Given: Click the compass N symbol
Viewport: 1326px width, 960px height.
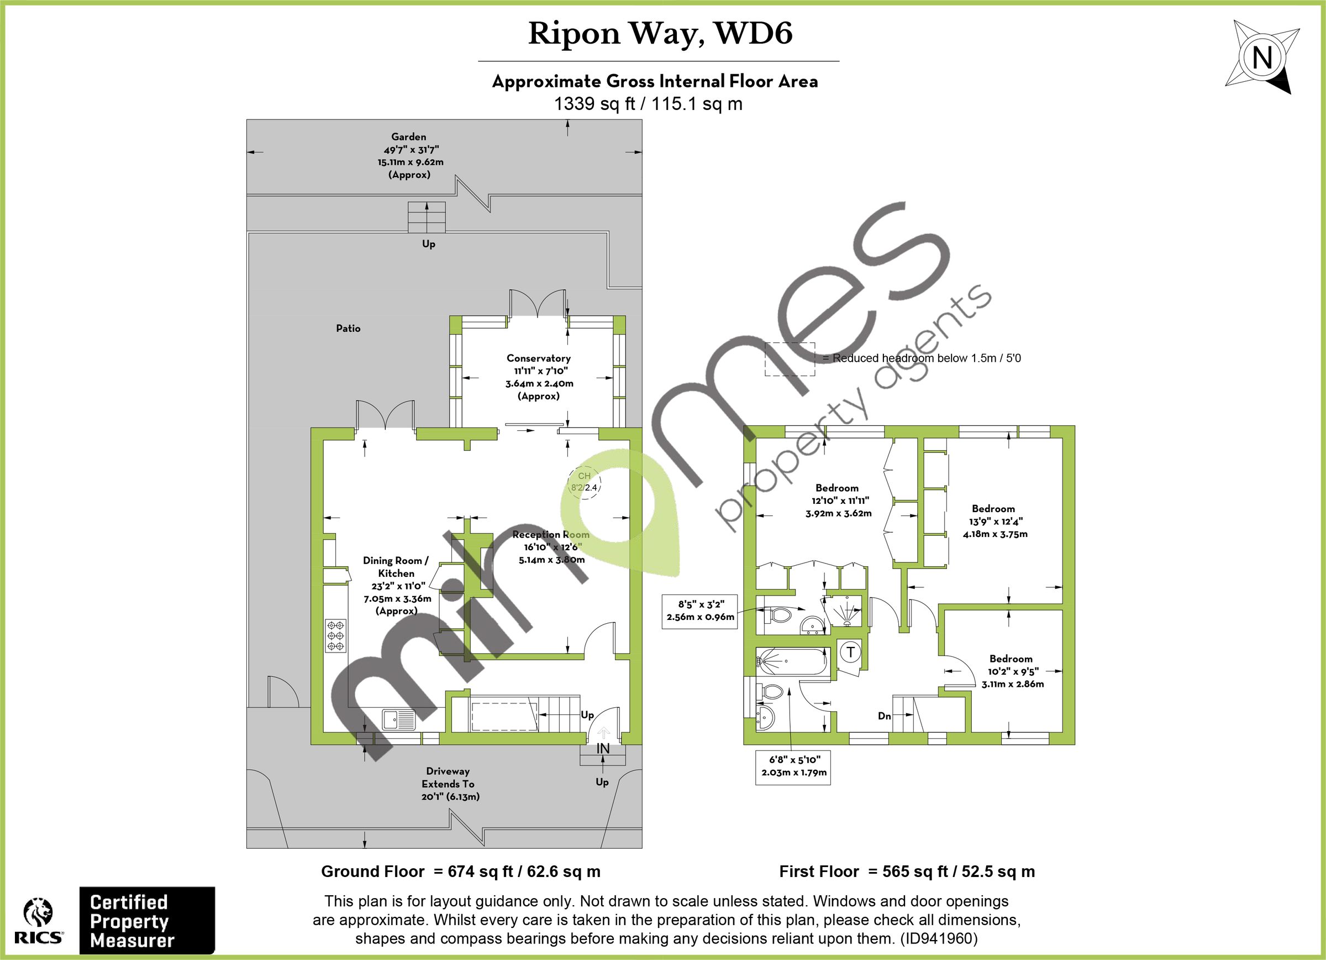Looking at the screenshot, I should click(x=1262, y=58).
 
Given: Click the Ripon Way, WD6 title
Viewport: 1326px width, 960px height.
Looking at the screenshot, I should click(x=660, y=33).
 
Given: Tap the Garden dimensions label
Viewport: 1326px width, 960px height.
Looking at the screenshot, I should click(x=409, y=155).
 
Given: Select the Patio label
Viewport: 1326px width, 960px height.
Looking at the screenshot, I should click(x=348, y=328).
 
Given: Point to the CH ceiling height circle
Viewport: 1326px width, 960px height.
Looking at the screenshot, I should click(x=584, y=482).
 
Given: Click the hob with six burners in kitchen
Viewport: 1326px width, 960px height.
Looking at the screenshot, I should click(x=335, y=635).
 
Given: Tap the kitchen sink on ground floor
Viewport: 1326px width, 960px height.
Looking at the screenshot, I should click(x=399, y=719).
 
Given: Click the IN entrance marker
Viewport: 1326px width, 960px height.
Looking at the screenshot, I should click(x=603, y=748).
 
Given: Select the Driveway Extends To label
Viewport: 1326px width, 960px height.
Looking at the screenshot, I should click(x=449, y=784).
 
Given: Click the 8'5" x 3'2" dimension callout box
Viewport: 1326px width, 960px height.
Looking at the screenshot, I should click(x=700, y=611).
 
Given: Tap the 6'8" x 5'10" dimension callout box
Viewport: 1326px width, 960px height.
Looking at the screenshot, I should click(x=793, y=766).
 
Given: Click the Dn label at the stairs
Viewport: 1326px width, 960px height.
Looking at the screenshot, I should click(x=884, y=716).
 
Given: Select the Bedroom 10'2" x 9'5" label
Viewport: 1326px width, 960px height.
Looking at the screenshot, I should click(x=1012, y=671).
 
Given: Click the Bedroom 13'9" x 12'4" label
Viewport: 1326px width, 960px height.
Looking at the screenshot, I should click(x=994, y=521).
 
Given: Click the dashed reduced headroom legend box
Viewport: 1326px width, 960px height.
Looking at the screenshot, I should click(x=790, y=358).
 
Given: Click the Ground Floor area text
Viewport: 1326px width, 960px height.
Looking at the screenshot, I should click(x=461, y=872).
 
